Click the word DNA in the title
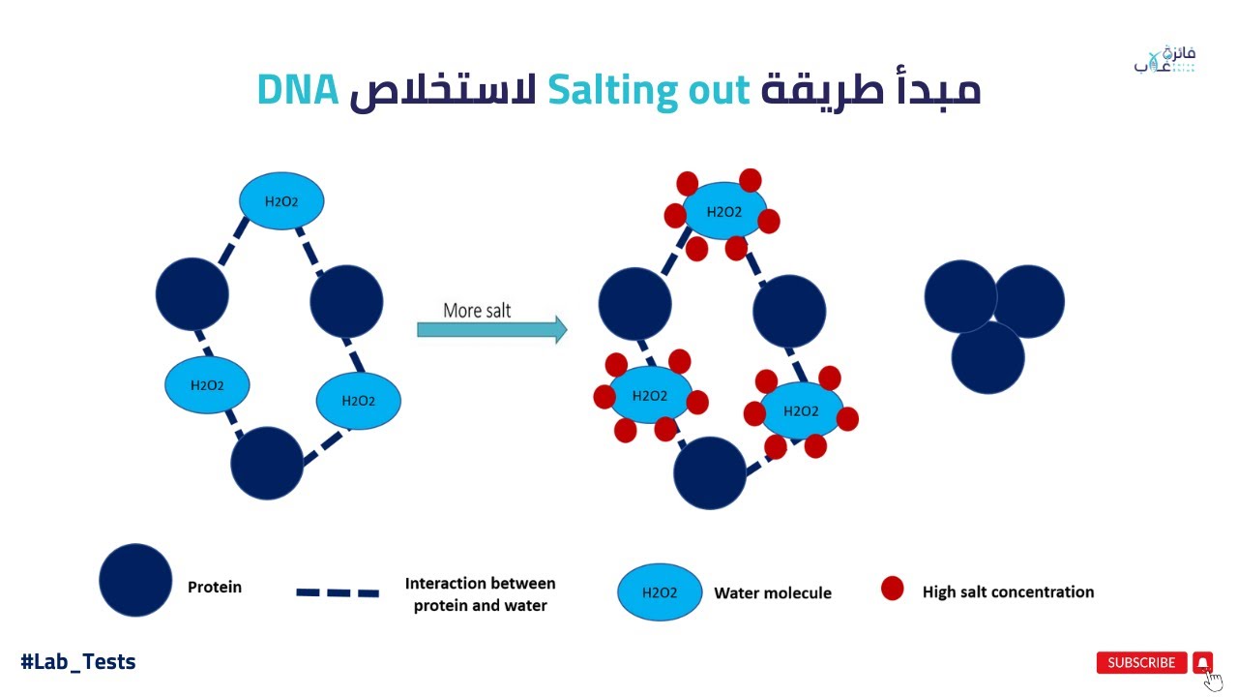click(298, 90)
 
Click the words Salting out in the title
click(648, 90)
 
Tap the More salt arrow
click(491, 330)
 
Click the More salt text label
click(477, 310)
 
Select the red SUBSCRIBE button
click(1141, 662)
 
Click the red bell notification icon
click(1202, 662)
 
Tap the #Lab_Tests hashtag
click(78, 662)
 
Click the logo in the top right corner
click(1164, 60)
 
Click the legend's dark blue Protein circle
click(135, 580)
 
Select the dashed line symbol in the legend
click(338, 591)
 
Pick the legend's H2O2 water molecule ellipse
click(660, 592)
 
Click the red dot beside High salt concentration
click(892, 588)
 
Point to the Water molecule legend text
click(773, 592)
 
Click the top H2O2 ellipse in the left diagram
click(281, 201)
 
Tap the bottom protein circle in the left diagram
click(267, 464)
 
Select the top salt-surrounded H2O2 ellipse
click(723, 212)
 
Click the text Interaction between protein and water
click(480, 594)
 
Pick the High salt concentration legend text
click(1008, 591)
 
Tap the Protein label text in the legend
click(215, 587)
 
